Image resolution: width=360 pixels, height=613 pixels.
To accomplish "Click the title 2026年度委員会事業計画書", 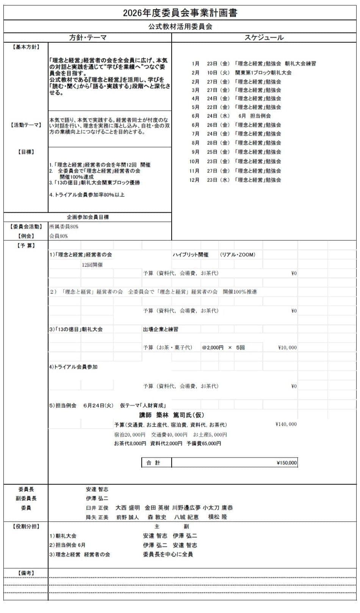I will coord(180,13).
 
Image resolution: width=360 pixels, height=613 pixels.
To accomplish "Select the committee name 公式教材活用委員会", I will coord(180,27).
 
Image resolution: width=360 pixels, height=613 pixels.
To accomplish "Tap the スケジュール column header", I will coord(264,38).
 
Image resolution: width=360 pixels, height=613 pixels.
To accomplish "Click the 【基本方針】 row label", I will coord(26,47).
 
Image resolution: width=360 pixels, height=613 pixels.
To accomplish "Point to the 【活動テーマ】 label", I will coord(26,125).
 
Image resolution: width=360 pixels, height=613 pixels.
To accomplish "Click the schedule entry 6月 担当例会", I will coord(254,116).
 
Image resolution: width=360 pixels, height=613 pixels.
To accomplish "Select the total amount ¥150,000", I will coord(287,463).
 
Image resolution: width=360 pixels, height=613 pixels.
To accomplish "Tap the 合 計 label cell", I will coord(153,463).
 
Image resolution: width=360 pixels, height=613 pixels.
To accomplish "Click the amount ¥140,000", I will coord(286,424).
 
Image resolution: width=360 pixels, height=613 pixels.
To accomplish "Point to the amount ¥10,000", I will coord(287,347).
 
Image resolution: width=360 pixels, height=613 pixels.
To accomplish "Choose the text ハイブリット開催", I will coord(191,255).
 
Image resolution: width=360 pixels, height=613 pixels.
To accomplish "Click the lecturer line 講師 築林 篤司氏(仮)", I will coord(172,415).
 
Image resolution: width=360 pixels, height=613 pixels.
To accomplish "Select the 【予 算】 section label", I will coord(26,246).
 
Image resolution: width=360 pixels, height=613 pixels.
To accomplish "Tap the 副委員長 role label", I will coord(26,499).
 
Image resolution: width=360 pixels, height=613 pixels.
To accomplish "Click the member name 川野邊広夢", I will coord(186,508).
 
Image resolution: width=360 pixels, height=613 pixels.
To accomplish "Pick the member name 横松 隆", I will coord(218,517).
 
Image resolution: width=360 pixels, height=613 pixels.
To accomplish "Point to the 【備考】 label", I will coord(26,573).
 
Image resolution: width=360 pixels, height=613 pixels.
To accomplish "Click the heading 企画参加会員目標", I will coord(88,217).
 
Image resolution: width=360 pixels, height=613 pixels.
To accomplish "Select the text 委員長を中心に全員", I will coord(168,554).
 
